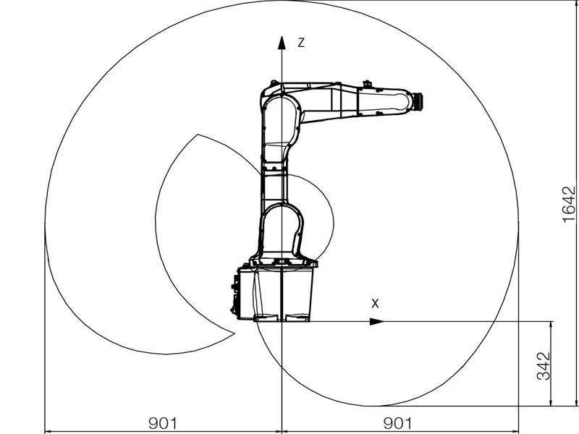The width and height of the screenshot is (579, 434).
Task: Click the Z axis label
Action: [301, 43]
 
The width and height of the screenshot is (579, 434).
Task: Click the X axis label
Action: [375, 304]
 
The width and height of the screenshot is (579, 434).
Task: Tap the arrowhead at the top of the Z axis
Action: [282, 43]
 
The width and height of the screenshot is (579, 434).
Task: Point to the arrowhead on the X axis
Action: [377, 321]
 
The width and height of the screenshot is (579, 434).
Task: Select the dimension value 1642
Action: [569, 205]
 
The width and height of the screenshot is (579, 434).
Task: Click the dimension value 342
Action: [544, 366]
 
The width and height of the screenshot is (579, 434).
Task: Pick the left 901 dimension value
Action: [163, 423]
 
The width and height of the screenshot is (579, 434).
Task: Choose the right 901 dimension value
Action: [398, 423]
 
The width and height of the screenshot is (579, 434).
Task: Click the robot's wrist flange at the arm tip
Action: [418, 101]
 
